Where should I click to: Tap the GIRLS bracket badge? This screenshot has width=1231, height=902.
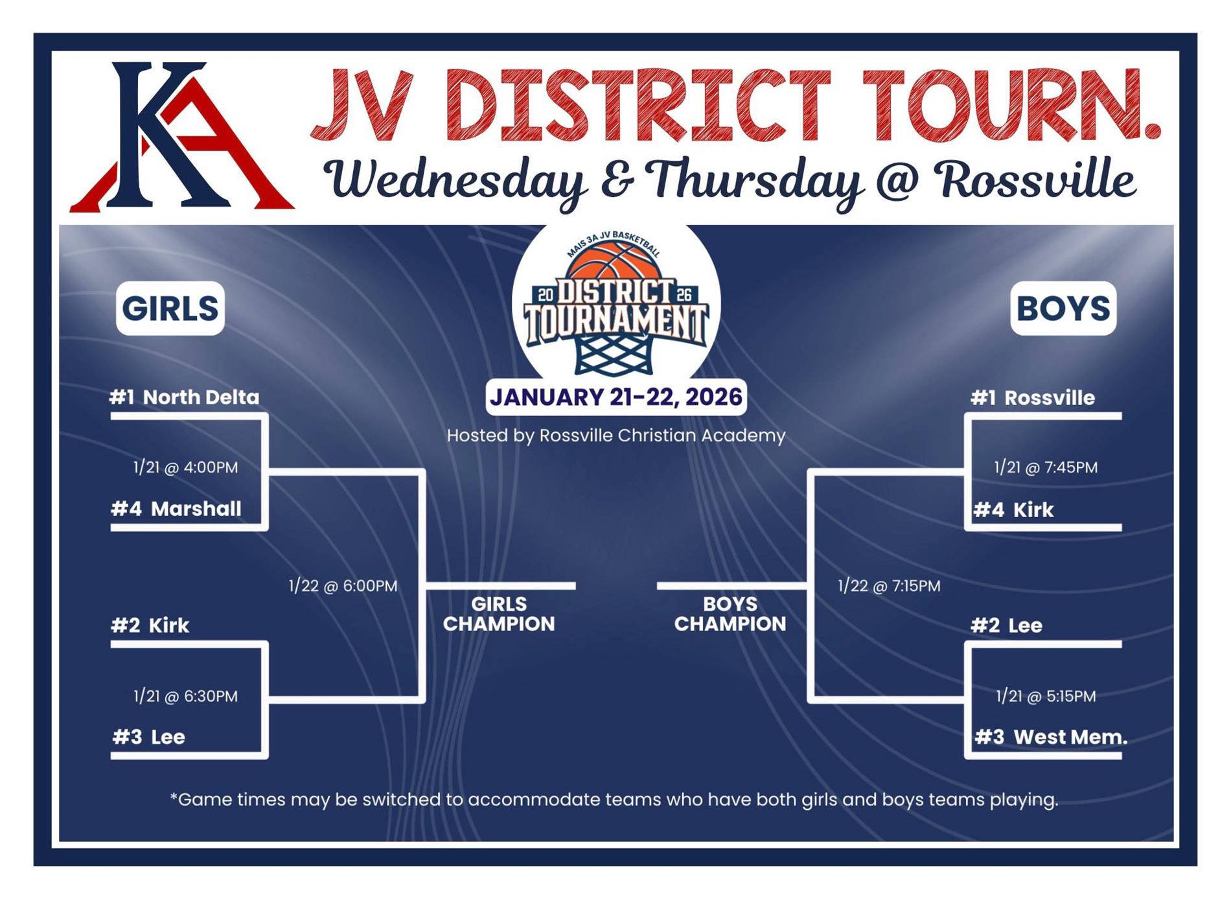(170, 308)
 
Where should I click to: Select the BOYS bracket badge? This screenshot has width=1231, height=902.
(1063, 308)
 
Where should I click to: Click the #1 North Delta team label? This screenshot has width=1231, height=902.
(185, 397)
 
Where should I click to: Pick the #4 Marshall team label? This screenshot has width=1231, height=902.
(176, 509)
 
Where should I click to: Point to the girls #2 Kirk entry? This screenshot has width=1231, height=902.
(150, 625)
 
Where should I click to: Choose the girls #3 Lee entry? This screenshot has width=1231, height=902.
(149, 737)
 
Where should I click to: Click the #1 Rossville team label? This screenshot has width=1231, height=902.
(1033, 398)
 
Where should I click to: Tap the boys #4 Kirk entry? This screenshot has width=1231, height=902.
(1014, 510)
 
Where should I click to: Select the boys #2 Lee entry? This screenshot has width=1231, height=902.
(1007, 625)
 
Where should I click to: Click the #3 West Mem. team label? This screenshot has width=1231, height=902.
(1051, 737)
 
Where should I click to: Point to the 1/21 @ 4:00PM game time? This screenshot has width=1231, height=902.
(185, 467)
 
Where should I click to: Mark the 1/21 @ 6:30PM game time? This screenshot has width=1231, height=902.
(185, 696)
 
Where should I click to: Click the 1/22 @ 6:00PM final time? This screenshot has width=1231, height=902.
(343, 586)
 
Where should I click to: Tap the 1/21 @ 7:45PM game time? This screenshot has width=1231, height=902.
(1046, 467)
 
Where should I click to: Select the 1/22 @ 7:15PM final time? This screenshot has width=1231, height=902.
(889, 586)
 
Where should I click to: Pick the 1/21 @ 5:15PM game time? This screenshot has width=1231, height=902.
(1046, 696)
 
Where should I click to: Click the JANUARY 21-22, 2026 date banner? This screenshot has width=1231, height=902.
(616, 397)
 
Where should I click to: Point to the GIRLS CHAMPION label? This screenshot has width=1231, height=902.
(499, 614)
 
